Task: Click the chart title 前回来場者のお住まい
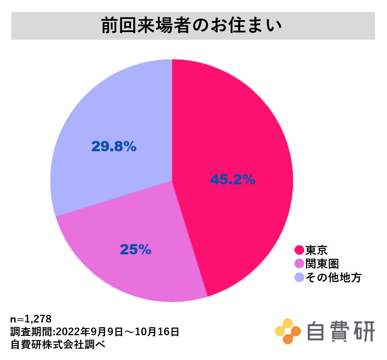click(x=193, y=26)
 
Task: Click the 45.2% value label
click(x=232, y=180)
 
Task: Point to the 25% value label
click(x=135, y=250)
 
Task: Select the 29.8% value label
click(x=113, y=146)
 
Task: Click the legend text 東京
click(x=316, y=250)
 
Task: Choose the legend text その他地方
click(x=333, y=278)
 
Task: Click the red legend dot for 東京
click(x=299, y=250)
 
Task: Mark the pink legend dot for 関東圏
click(x=299, y=264)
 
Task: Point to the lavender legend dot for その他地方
click(x=299, y=278)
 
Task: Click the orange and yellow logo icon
click(x=287, y=331)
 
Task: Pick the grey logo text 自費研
click(x=340, y=331)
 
